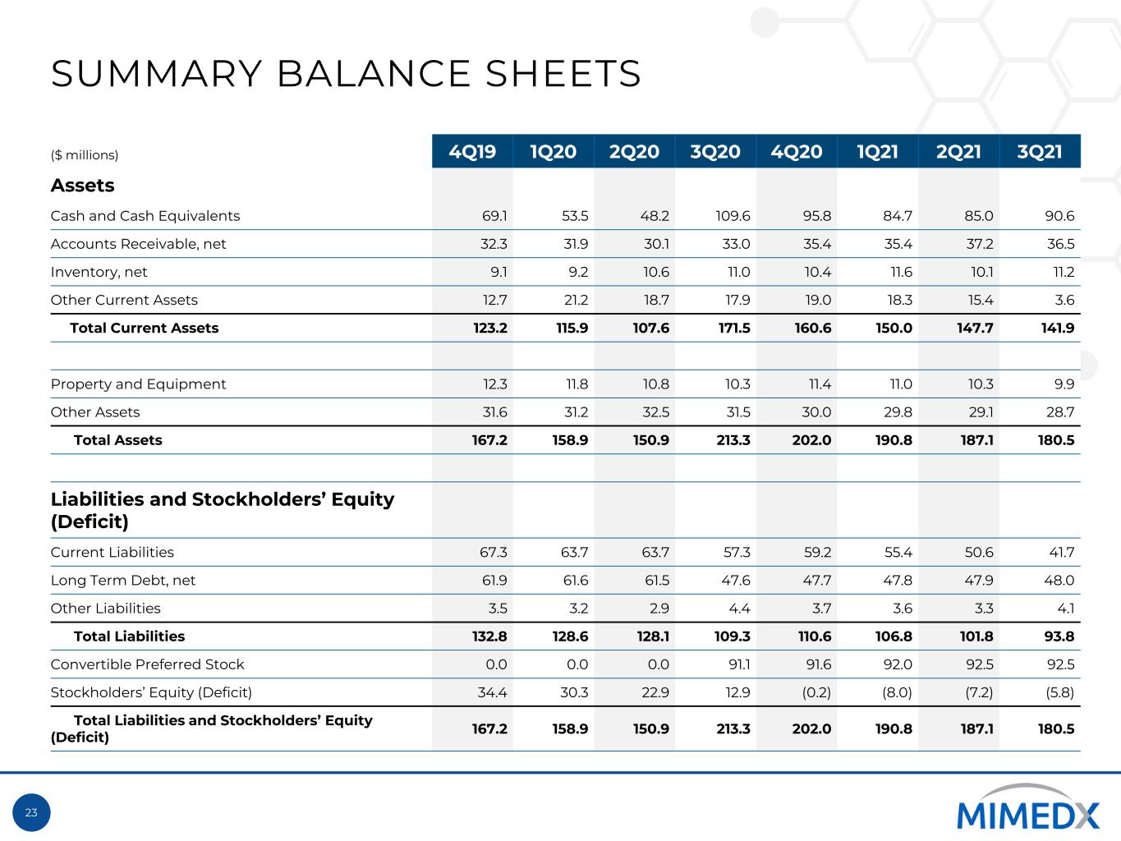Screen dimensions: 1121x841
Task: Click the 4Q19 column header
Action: click(x=472, y=152)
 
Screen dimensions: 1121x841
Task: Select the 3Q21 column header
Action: click(x=1040, y=152)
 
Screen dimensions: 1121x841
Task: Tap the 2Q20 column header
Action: click(x=634, y=152)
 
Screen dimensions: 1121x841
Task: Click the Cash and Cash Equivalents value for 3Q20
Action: click(x=733, y=216)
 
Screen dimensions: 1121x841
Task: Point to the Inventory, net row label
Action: click(x=99, y=272)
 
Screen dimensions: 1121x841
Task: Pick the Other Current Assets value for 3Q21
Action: click(x=1064, y=300)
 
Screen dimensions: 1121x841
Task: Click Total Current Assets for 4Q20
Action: click(x=812, y=328)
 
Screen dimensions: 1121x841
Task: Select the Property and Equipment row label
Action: click(x=138, y=384)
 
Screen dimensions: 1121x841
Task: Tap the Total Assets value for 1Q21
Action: click(x=894, y=440)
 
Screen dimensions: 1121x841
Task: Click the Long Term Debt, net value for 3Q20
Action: click(x=737, y=580)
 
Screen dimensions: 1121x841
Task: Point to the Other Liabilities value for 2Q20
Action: click(x=659, y=608)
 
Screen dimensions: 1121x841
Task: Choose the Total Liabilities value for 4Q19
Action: click(x=489, y=636)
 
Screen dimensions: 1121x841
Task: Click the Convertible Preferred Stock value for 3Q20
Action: click(x=739, y=664)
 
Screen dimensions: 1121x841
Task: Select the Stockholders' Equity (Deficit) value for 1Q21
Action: click(x=897, y=692)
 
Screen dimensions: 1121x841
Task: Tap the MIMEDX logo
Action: click(x=1027, y=807)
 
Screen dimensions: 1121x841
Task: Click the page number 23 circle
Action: click(x=31, y=812)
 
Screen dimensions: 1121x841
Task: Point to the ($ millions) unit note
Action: click(x=85, y=154)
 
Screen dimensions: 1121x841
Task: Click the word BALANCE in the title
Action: click(x=373, y=74)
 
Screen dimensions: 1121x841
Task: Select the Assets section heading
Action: click(x=82, y=185)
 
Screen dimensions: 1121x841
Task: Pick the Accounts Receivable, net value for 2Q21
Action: click(x=979, y=244)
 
